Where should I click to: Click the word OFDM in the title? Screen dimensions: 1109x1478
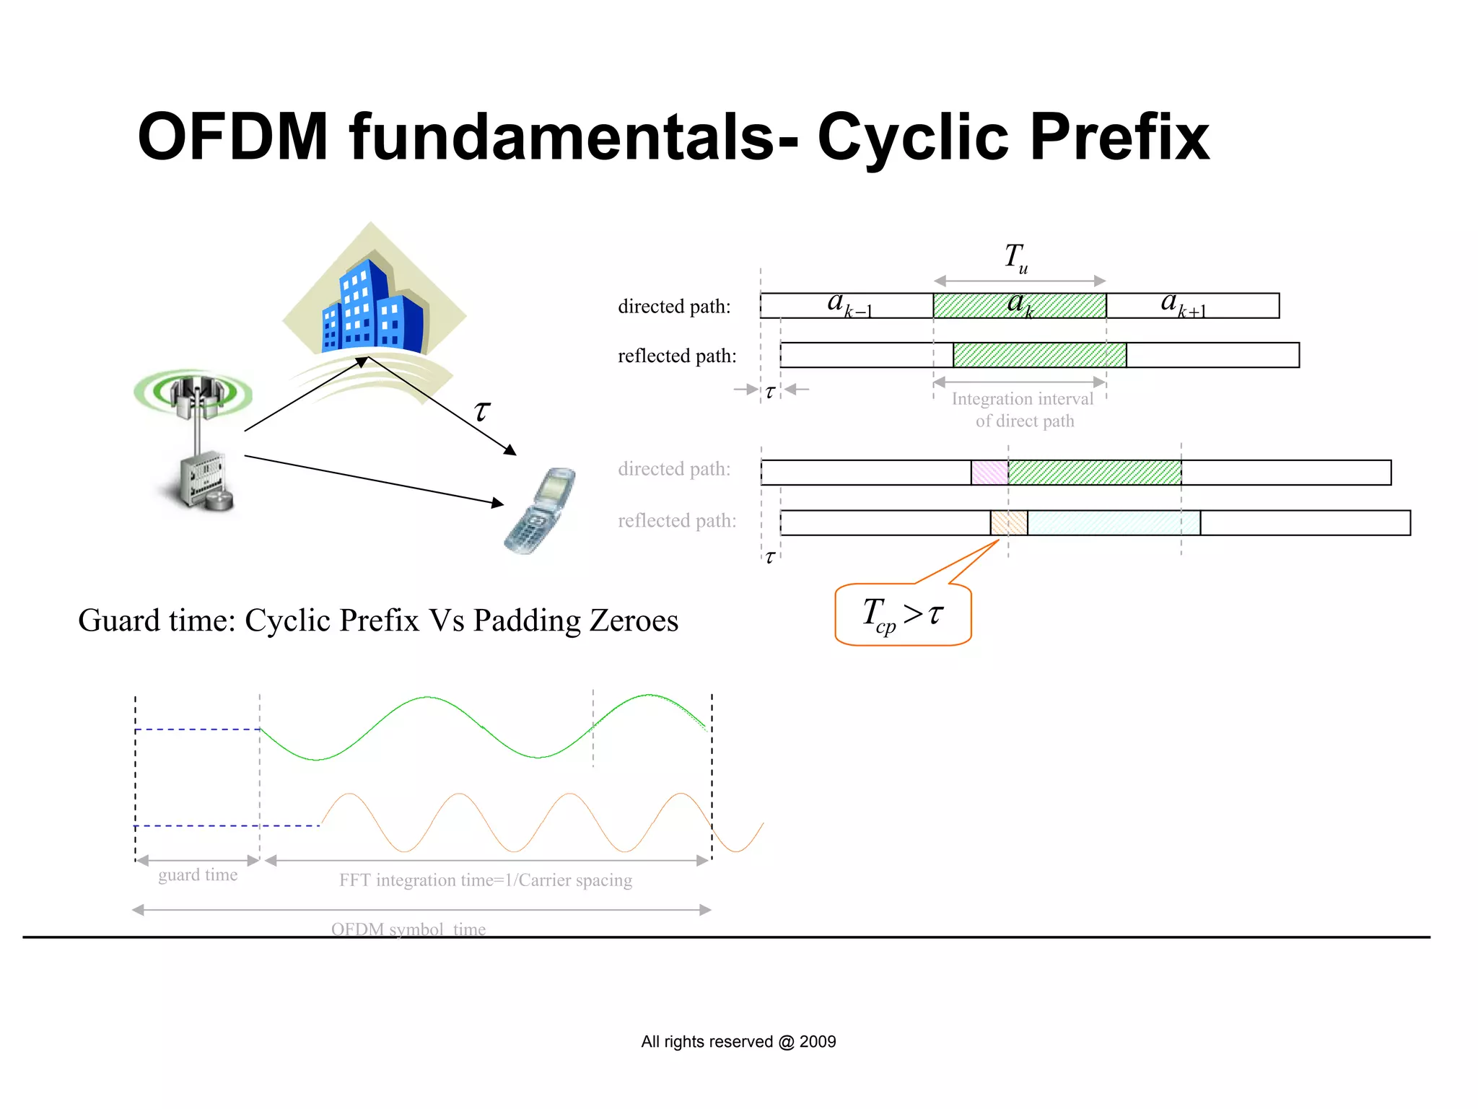point(232,137)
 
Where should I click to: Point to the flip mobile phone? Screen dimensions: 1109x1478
point(540,511)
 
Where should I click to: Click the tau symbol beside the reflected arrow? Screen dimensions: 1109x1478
point(481,411)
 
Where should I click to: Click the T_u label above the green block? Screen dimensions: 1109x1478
point(1016,258)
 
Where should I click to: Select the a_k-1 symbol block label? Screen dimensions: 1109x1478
point(849,304)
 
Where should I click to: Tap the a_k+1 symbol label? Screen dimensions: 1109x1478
point(1182,304)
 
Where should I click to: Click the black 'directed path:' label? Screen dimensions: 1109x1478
point(674,307)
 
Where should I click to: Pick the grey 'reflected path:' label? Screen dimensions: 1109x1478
point(677,521)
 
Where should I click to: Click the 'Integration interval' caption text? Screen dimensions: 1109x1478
point(1022,399)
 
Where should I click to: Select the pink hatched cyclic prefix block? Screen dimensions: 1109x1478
point(989,473)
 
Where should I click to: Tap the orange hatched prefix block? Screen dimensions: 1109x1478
point(1008,522)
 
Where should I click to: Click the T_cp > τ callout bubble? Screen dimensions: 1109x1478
point(903,615)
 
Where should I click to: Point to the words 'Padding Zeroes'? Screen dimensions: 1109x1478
point(575,621)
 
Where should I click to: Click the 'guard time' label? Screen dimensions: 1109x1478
point(198,875)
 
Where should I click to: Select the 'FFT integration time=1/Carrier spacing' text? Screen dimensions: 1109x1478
point(486,880)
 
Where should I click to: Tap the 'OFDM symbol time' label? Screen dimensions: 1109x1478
point(408,929)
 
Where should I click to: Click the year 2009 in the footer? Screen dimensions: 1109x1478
point(818,1042)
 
